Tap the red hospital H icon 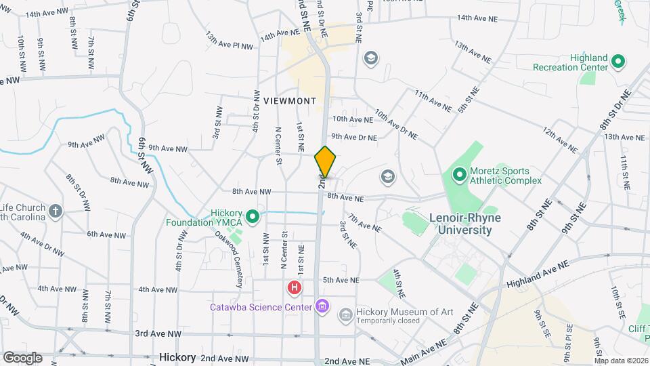tap(295, 288)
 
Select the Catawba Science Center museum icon tap(322, 307)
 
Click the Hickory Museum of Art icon tap(345, 314)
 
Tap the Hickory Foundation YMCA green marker tap(253, 217)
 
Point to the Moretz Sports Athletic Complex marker tap(458, 176)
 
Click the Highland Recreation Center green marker tap(617, 62)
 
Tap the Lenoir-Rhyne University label tap(460, 224)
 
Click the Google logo tap(22, 357)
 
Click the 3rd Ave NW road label tap(158, 334)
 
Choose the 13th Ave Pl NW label tap(230, 40)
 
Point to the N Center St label tap(278, 146)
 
